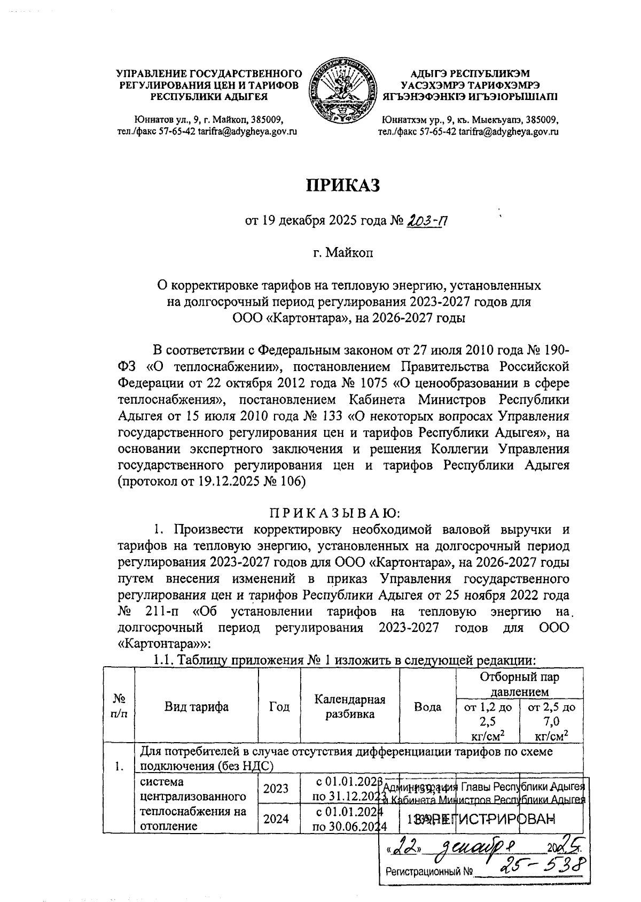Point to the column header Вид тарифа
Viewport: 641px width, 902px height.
click(x=196, y=707)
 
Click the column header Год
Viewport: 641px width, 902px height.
click(x=279, y=707)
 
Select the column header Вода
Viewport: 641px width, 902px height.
click(x=427, y=707)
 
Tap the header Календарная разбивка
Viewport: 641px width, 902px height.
click(x=350, y=707)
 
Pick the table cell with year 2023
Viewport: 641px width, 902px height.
click(x=279, y=789)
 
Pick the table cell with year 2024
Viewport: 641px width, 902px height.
click(x=279, y=819)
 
